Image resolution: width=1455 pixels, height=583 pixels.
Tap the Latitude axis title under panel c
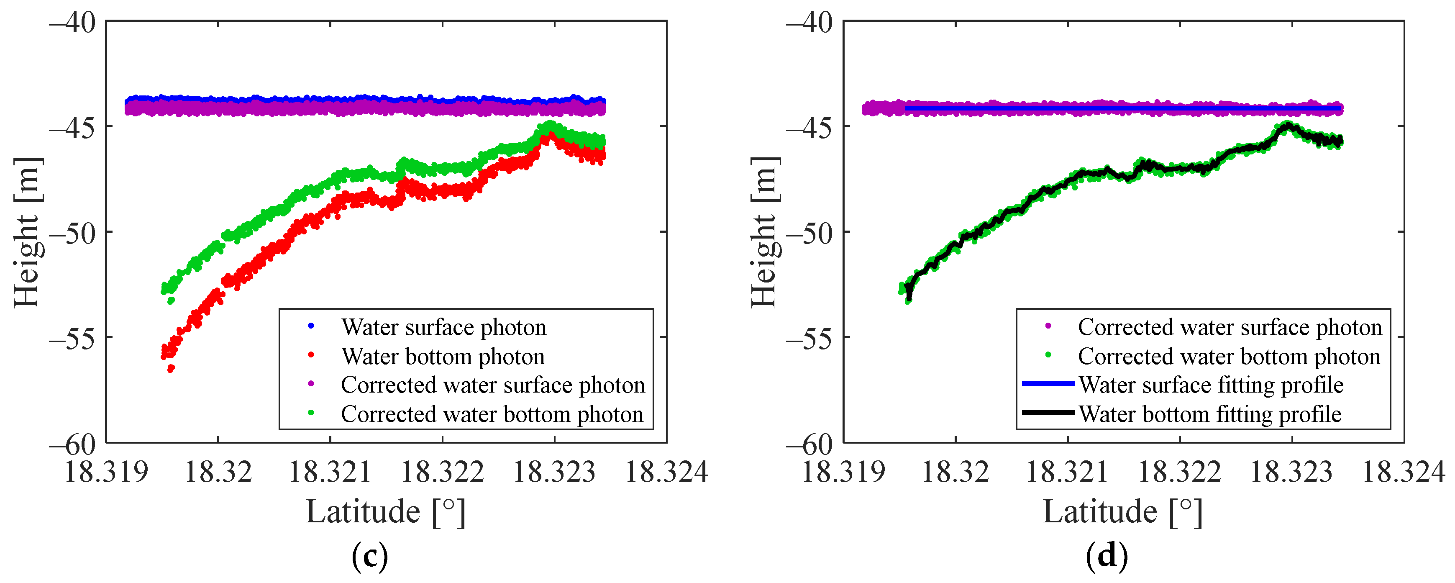pyautogui.click(x=386, y=512)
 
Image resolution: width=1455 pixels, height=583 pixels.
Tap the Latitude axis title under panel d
pyautogui.click(x=1123, y=512)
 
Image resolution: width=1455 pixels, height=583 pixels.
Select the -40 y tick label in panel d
pyautogui.click(x=809, y=24)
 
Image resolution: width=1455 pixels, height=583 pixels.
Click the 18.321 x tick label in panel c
pyautogui.click(x=330, y=472)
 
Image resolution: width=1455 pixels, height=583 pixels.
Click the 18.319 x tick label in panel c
pyautogui.click(x=106, y=472)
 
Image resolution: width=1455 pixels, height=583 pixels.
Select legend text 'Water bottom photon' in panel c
pyautogui.click(x=443, y=357)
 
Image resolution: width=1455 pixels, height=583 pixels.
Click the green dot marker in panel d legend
pyautogui.click(x=1048, y=355)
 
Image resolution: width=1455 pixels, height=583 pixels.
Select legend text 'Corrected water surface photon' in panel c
pyautogui.click(x=492, y=385)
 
